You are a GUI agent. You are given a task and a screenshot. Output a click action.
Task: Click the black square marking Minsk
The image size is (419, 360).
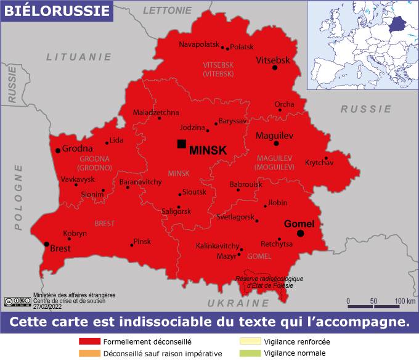click(181, 144)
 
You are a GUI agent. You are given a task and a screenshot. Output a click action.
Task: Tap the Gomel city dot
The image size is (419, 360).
click(301, 234)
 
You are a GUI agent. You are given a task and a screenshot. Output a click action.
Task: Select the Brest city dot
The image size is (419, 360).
click(47, 244)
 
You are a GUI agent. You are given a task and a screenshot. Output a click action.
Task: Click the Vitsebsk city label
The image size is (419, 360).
click(272, 60)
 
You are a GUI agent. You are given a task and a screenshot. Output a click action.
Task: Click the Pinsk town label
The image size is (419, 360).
click(142, 241)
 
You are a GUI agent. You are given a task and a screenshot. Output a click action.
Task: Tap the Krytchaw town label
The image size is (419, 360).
click(319, 163)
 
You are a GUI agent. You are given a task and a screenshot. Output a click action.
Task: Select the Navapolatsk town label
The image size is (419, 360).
click(199, 44)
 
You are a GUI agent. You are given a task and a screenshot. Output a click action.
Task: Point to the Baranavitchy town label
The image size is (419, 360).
click(140, 182)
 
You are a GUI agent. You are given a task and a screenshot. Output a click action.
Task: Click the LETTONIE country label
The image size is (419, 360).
click(167, 10)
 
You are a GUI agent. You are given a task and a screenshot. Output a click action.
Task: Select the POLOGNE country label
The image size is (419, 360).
click(19, 197)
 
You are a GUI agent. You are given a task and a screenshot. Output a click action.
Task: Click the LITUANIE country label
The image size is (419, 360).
click(79, 57)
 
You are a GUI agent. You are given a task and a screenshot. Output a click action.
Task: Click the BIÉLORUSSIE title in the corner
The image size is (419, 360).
click(56, 10)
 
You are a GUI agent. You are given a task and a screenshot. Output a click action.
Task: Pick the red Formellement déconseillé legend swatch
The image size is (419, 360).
click(89, 342)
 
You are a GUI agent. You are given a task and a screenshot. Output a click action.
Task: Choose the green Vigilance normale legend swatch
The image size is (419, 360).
click(250, 353)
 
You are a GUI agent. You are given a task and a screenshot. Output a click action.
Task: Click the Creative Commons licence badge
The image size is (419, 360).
click(17, 301)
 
